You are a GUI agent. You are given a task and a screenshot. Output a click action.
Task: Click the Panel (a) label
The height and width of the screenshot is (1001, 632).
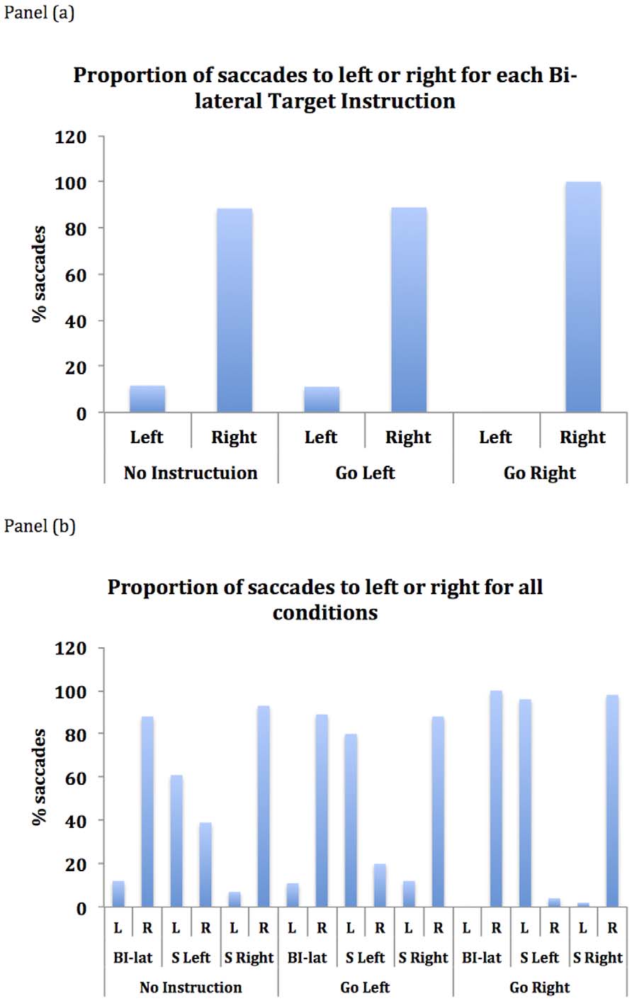[x=39, y=13]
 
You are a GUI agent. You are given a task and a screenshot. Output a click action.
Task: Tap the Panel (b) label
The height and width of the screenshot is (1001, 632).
[x=40, y=527]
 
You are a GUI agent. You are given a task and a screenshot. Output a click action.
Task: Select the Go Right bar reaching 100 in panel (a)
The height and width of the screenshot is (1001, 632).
[x=583, y=297]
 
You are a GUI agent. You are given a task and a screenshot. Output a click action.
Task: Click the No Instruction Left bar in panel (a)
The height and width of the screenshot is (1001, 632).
[x=147, y=399]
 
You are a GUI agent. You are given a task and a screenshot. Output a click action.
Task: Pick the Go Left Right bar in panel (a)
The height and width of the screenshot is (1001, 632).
[x=409, y=310]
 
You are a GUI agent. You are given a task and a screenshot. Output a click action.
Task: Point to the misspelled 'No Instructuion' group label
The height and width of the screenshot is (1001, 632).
[x=190, y=473]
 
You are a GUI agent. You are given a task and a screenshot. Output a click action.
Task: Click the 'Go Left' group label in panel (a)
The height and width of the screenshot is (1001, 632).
[x=365, y=473]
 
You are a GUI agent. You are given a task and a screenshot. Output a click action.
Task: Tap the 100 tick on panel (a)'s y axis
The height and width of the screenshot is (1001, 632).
[x=71, y=182]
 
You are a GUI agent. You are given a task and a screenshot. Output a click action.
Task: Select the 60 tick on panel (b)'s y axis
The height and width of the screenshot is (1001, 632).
[x=75, y=778]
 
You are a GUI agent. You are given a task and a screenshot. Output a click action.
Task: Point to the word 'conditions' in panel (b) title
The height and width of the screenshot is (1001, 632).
[x=325, y=612]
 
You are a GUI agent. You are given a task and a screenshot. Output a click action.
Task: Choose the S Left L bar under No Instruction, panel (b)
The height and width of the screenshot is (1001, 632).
[x=176, y=841]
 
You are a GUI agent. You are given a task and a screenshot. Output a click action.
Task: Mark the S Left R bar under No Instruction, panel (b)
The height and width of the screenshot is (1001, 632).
[x=205, y=864]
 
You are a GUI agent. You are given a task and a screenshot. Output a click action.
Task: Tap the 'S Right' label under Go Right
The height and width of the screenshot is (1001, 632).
[x=598, y=958]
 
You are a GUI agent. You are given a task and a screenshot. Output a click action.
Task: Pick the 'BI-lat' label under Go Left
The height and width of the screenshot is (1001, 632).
[x=307, y=958]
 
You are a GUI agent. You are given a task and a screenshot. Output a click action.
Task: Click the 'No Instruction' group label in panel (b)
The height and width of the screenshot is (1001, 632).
[x=190, y=987]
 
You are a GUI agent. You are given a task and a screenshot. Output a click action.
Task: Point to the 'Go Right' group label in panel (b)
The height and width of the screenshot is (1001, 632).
[x=540, y=987]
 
